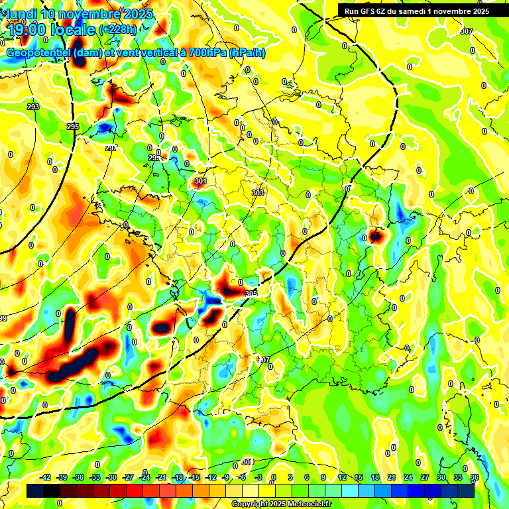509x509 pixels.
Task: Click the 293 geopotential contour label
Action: pyautogui.click(x=33, y=107)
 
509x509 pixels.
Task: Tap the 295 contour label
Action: pyautogui.click(x=73, y=127)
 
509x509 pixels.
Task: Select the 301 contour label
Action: pyautogui.click(x=200, y=181)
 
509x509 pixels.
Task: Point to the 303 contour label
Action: pyautogui.click(x=258, y=193)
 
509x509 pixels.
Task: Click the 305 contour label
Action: pyautogui.click(x=251, y=293)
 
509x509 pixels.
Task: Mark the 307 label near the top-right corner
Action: pyautogui.click(x=467, y=32)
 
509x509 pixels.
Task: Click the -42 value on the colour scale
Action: pyautogui.click(x=46, y=477)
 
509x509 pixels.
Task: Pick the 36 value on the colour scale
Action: pyautogui.click(x=475, y=477)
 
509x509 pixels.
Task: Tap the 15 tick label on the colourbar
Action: pyautogui.click(x=359, y=477)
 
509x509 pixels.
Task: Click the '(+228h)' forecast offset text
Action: pyautogui.click(x=117, y=30)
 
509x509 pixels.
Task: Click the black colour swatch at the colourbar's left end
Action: pyautogui.click(x=35, y=490)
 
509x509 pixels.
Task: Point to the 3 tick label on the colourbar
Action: pyautogui.click(x=290, y=477)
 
